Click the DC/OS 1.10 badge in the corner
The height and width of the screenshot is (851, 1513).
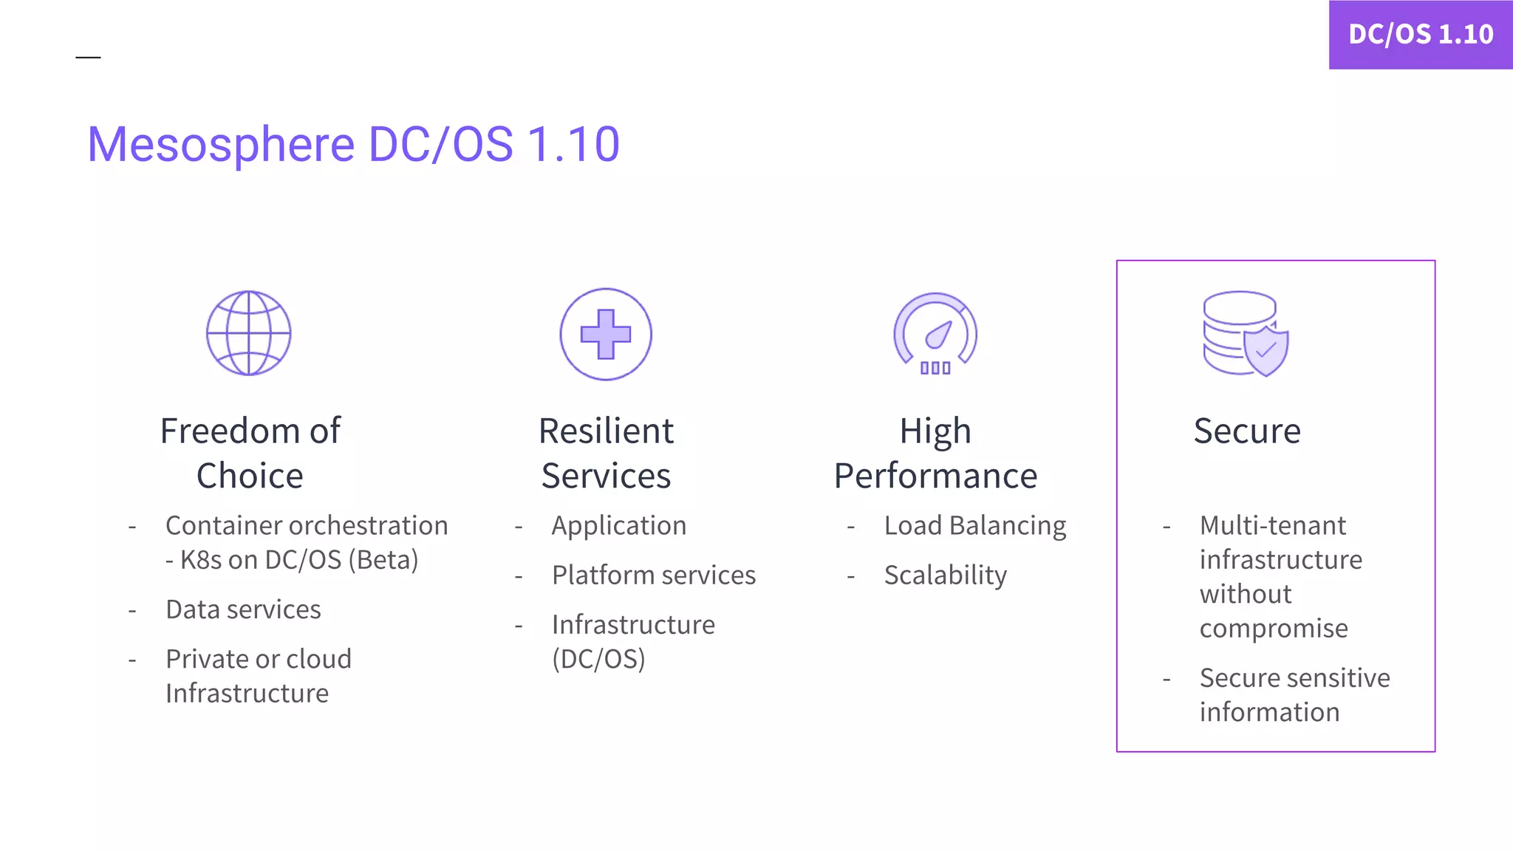[1420, 34]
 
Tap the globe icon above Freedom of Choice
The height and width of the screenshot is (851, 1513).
[248, 333]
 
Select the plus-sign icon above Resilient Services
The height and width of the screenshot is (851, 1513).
[606, 334]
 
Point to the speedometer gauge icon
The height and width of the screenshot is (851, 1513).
[935, 334]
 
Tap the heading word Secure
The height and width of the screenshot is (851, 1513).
[1247, 431]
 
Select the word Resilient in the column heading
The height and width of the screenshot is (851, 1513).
[606, 431]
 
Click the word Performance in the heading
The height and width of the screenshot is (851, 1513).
[935, 476]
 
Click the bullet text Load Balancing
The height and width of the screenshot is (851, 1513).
[975, 525]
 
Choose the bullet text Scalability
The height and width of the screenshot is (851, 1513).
[946, 575]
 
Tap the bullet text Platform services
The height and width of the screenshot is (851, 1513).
[654, 575]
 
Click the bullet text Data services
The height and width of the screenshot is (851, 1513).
[243, 609]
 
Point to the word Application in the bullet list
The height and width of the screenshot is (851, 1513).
[619, 525]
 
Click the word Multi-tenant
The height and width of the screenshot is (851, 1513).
[1273, 525]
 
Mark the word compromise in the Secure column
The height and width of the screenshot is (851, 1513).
[1274, 628]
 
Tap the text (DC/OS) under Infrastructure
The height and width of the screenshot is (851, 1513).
[598, 659]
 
